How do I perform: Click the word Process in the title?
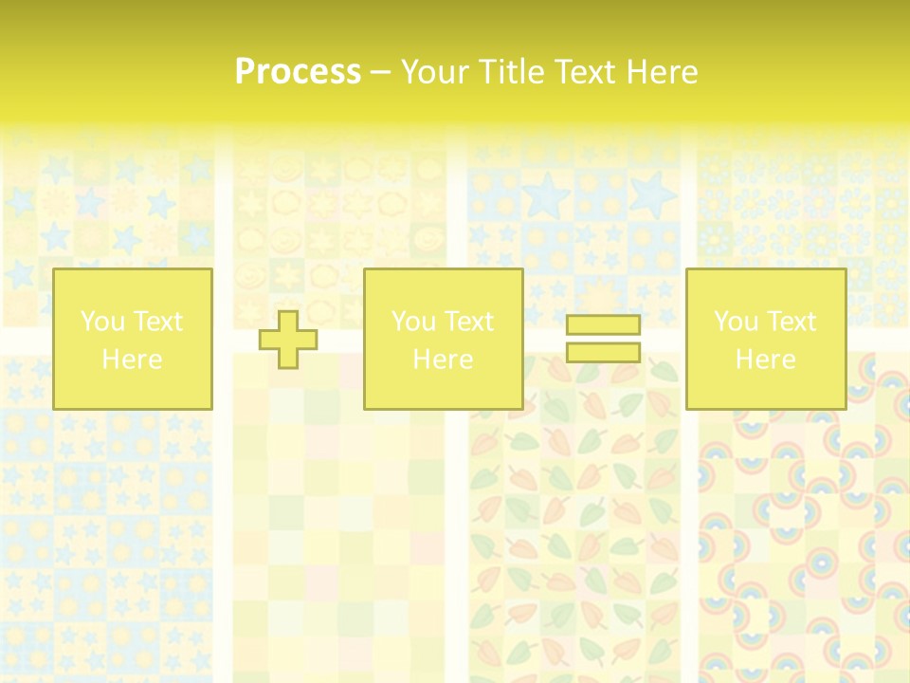pos(298,72)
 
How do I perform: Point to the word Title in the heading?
pos(502,72)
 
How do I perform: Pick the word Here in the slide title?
pos(663,72)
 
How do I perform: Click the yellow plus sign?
pos(288,339)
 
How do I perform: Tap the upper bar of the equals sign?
pos(603,324)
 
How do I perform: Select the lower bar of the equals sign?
pos(603,352)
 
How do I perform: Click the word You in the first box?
pos(101,322)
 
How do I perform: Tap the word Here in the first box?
pos(132,360)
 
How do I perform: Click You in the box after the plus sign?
pos(412,322)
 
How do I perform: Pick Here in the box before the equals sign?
pos(443,360)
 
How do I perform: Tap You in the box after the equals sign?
pos(735,322)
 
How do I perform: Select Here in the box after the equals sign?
pos(765,360)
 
